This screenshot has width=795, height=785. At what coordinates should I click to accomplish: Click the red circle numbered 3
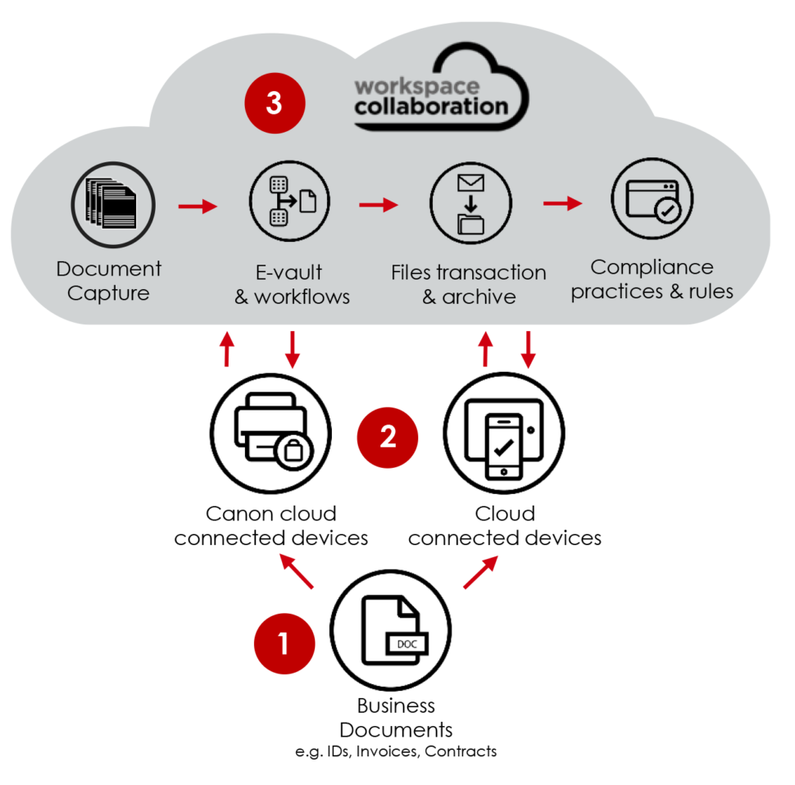(x=275, y=104)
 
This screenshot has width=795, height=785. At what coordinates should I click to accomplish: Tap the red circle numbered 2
(x=388, y=436)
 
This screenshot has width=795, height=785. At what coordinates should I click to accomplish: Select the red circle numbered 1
(x=284, y=642)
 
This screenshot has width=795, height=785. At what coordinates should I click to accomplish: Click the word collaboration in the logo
(x=431, y=107)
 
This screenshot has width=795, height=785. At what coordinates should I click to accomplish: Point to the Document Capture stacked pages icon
(x=111, y=201)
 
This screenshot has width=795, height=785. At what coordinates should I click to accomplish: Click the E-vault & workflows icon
(x=289, y=201)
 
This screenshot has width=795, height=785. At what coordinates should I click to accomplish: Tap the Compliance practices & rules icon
(x=652, y=200)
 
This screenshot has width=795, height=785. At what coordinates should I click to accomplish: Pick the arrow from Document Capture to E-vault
(x=198, y=205)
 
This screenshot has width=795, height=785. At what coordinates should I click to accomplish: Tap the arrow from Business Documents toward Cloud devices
(x=480, y=572)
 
